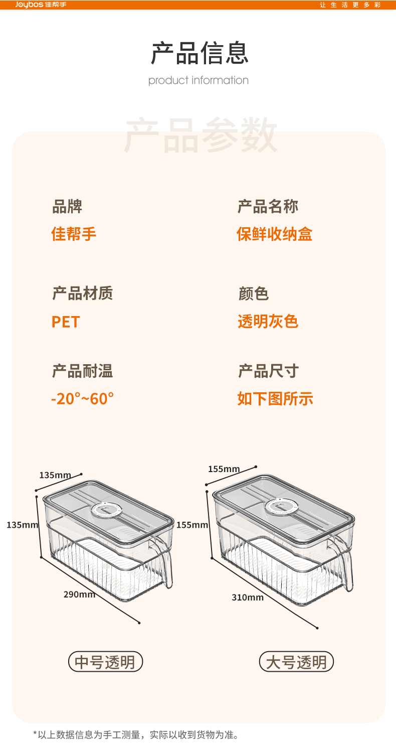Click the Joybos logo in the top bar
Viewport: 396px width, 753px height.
[x=41, y=5]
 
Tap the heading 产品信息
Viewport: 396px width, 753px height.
[x=200, y=54]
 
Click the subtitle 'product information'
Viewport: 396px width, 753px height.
[x=199, y=80]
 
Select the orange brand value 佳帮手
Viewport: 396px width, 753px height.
[x=74, y=234]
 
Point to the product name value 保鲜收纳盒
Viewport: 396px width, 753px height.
[x=275, y=234]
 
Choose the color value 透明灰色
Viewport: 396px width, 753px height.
[x=268, y=321]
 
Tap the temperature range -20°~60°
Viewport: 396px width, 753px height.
[x=83, y=399]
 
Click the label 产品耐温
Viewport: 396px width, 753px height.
[x=82, y=371]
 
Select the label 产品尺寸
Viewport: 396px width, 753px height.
[x=268, y=371]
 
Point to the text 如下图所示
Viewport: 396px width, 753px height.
[x=275, y=399]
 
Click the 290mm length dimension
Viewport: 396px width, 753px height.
[x=79, y=594]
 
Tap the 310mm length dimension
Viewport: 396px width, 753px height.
[x=248, y=597]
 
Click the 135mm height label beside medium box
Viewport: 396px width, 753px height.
[x=23, y=525]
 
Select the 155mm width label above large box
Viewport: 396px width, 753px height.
[x=224, y=469]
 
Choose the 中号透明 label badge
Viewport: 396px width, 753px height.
[x=105, y=662]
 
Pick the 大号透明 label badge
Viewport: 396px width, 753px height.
[x=296, y=662]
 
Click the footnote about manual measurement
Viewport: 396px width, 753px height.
[x=135, y=735]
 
